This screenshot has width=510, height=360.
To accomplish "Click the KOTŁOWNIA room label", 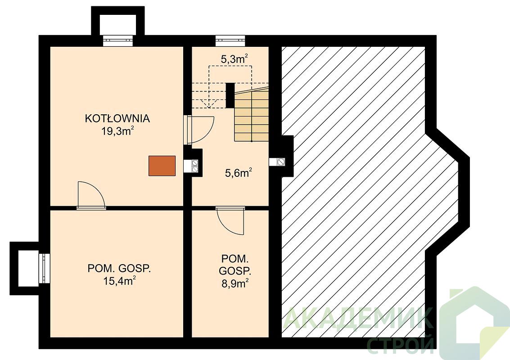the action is (x=117, y=118).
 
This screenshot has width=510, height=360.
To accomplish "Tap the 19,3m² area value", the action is (x=118, y=131).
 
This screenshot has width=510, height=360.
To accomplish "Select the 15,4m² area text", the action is (x=119, y=281).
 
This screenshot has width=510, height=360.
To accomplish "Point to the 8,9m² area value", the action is (x=235, y=283).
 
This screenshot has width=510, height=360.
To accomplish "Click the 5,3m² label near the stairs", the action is (x=235, y=59).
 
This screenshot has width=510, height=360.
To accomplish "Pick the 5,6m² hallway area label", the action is (x=239, y=173).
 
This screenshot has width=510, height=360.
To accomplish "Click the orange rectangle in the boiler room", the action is (x=162, y=166).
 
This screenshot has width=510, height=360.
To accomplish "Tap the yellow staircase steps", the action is (x=252, y=116).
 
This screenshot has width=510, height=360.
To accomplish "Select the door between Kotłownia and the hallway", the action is (x=199, y=130).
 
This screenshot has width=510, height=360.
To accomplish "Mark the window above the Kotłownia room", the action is (x=118, y=41).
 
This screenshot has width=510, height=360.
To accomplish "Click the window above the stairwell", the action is (x=230, y=41).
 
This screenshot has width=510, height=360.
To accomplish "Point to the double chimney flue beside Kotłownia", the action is (x=195, y=166).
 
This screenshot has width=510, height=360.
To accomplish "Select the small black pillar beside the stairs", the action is (x=230, y=95).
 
